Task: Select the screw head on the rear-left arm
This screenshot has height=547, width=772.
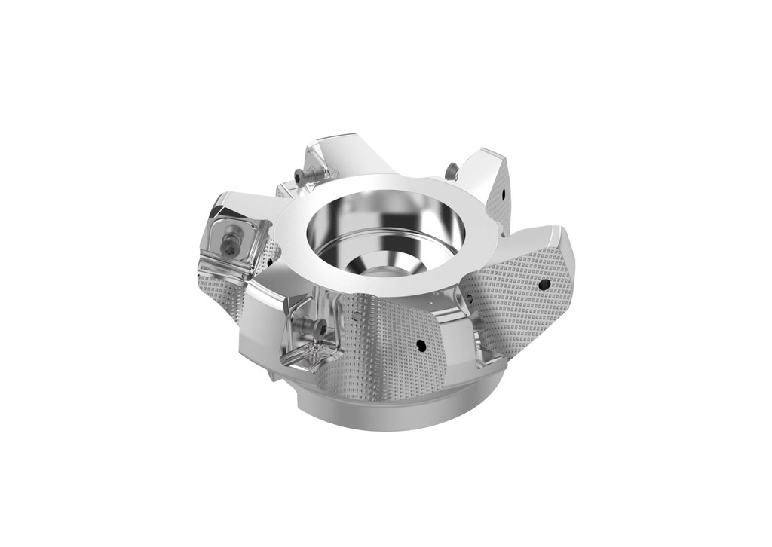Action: pyautogui.click(x=302, y=176)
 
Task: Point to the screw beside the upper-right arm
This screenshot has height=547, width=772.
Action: pyautogui.click(x=451, y=172)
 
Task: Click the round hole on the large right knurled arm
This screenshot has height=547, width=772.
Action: pyautogui.click(x=544, y=284)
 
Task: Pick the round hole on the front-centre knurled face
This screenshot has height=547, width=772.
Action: pyautogui.click(x=421, y=346)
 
